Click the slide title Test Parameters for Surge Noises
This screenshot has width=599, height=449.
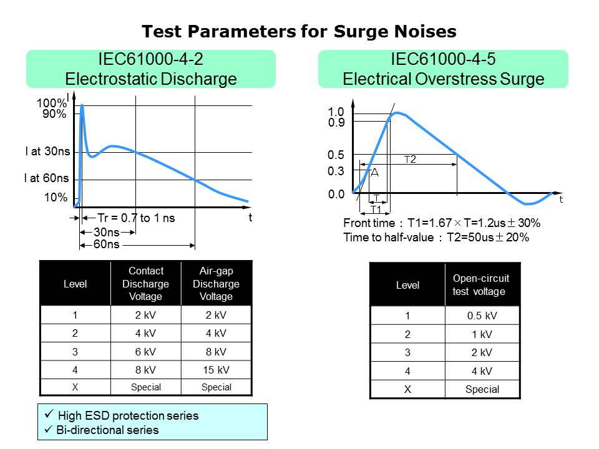point(299,31)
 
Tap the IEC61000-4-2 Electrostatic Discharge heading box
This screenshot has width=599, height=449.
point(150,69)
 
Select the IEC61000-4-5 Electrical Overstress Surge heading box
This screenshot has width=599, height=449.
point(443,69)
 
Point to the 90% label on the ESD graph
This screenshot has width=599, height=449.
point(55,114)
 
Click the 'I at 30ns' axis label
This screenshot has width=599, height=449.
point(47,152)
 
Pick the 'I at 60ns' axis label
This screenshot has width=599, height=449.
point(46,179)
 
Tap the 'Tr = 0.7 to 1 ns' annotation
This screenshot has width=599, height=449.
point(137,218)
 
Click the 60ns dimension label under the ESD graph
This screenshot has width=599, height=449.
point(106,244)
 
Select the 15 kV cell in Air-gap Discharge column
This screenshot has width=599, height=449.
point(216,369)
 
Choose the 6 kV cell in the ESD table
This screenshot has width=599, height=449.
point(145,351)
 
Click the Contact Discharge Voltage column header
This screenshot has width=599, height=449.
point(145,284)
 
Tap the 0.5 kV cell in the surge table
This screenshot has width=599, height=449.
point(482,316)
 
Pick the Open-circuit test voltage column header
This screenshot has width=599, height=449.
point(482,285)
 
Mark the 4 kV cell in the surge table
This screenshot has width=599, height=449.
point(482,371)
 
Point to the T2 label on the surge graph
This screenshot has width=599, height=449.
point(410,160)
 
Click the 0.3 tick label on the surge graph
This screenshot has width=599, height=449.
point(336,170)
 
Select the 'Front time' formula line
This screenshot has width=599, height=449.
point(441,223)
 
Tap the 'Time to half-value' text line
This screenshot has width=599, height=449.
point(436,237)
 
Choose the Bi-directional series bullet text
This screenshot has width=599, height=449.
point(108,430)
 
